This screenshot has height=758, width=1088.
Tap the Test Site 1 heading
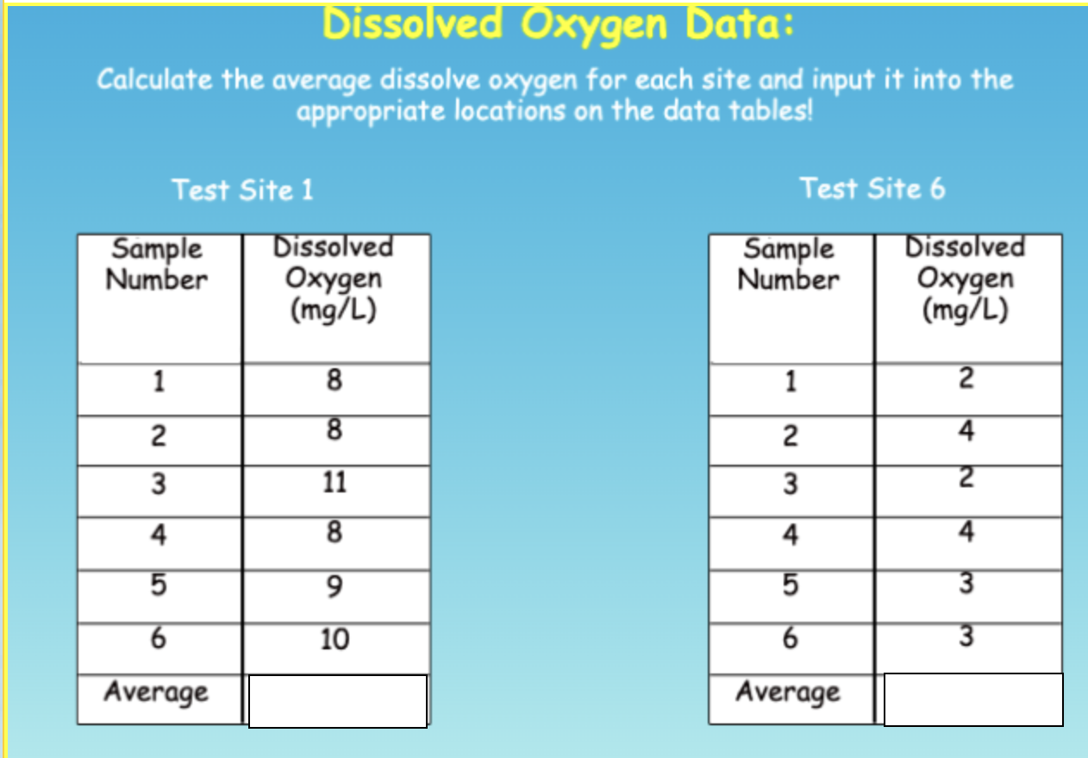(242, 190)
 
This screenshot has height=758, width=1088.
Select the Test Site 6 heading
(872, 188)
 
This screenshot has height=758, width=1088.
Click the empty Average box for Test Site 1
(337, 701)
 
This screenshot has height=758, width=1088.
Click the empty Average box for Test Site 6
(972, 699)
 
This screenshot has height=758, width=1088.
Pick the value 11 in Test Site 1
(335, 482)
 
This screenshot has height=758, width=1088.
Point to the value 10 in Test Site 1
(335, 639)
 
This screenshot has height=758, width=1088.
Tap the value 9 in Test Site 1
(335, 587)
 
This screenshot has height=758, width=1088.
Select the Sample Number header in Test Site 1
(158, 265)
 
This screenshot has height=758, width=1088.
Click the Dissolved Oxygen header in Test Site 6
(965, 278)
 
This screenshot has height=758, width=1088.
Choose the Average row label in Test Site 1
(157, 692)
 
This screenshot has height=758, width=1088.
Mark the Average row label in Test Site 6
(788, 692)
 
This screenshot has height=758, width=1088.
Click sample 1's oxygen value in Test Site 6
(966, 378)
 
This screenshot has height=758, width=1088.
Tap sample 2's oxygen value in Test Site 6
(966, 429)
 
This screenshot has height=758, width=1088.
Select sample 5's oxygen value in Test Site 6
(966, 584)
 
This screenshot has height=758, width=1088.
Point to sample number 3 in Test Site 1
(158, 484)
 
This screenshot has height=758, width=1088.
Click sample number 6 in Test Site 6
(790, 639)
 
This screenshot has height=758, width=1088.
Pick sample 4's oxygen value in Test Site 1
(335, 533)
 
